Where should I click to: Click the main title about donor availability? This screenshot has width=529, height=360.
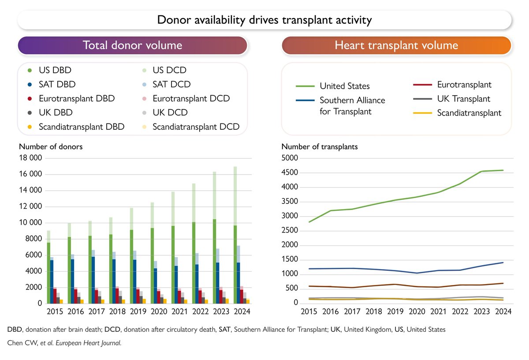coord(264,20)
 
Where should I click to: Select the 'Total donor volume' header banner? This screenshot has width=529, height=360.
coord(132,45)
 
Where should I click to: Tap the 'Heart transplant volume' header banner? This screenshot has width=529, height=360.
coord(396,45)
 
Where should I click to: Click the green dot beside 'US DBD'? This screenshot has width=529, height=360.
coord(30,70)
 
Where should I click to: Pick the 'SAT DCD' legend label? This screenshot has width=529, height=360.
coord(171,84)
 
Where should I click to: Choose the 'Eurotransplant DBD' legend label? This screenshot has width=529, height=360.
coord(77,98)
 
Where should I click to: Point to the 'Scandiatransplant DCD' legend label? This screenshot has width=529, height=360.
coord(196,127)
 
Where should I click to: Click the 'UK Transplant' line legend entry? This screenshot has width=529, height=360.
coord(463,99)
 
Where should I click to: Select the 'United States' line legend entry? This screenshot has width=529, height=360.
coord(344,86)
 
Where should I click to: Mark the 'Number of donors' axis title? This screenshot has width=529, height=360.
coord(50,147)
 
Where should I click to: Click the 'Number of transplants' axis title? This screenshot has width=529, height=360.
coord(319,147)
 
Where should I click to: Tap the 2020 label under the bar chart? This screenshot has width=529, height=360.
coord(159,311)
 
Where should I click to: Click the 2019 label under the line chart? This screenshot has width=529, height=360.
coord(395,311)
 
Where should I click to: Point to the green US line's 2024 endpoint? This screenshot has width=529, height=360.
coord(503,170)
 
